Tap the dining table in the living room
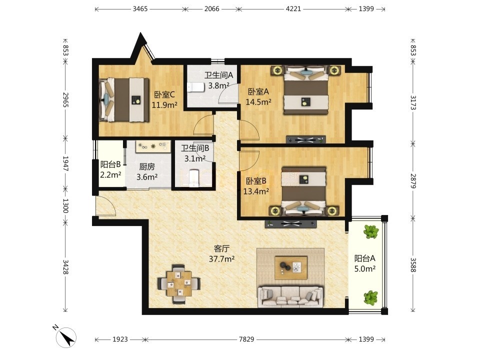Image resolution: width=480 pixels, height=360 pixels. (x=179, y=284)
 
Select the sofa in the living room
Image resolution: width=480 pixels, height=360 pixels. (x=290, y=296)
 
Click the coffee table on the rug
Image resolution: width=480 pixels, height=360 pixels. (x=291, y=268)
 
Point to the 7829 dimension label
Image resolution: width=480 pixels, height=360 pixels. (x=246, y=339)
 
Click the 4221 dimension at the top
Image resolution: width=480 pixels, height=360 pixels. (x=293, y=9)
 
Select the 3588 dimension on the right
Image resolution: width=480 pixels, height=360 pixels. (x=413, y=265)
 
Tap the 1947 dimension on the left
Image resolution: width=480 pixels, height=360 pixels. (x=65, y=163)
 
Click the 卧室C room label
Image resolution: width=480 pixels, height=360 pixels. (x=164, y=94)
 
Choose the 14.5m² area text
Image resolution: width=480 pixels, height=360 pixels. (x=258, y=101)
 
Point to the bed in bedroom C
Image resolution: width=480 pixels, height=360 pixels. (x=124, y=100)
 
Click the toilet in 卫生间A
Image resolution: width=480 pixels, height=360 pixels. (x=196, y=87)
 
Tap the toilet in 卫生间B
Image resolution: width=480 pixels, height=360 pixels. (x=194, y=178)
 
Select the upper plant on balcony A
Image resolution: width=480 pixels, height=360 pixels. (x=371, y=231)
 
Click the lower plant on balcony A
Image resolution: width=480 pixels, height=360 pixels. (x=371, y=297)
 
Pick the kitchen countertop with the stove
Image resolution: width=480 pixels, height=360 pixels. (x=153, y=146)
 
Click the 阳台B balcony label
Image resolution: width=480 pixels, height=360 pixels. (x=110, y=164)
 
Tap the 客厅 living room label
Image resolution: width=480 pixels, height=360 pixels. (x=221, y=248)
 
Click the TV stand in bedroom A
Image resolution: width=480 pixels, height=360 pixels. (x=305, y=140)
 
